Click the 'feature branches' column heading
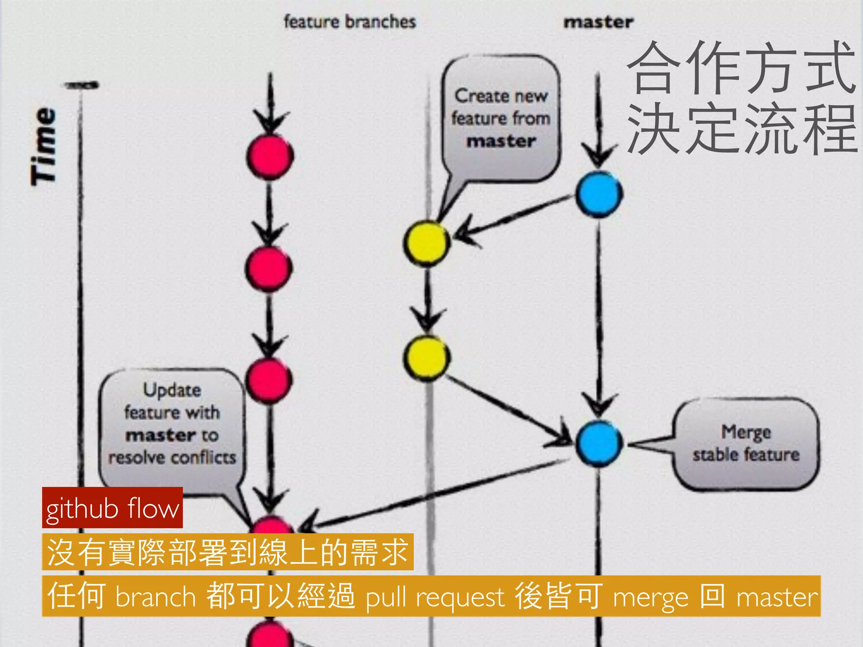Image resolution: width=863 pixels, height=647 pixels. [x=350, y=22]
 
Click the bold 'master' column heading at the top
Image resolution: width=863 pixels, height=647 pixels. [x=598, y=22]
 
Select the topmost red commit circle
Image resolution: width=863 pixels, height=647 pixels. [x=270, y=156]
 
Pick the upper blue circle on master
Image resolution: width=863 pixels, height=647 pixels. [x=599, y=194]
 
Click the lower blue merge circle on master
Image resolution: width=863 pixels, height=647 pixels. [x=599, y=443]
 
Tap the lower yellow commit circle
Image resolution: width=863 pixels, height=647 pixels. [x=426, y=358]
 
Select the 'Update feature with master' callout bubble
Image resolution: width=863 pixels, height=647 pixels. [x=172, y=423]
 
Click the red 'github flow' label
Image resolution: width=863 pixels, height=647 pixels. [x=113, y=508]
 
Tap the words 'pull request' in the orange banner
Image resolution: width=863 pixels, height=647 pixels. [x=435, y=597]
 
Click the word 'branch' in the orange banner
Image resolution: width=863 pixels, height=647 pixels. [x=155, y=597]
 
